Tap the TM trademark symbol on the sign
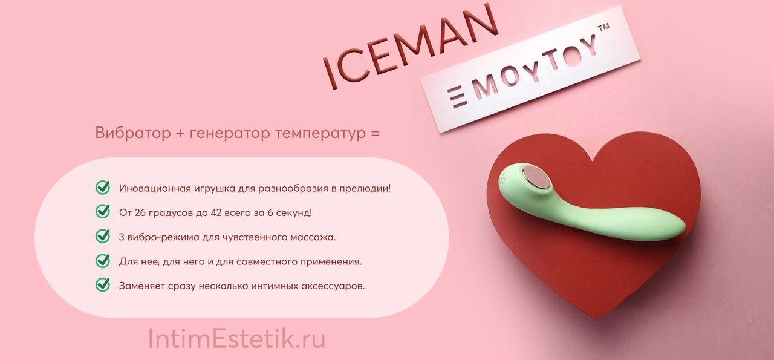pos(603,28)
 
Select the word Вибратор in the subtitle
pos(132,133)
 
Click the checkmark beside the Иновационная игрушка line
pos(103,187)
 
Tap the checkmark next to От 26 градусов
pos(103,211)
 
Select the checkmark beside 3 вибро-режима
pos(103,236)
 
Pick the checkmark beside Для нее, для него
pos(103,260)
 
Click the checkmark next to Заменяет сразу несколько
pos(103,285)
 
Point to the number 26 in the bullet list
pos(140,213)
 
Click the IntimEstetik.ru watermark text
pos(236,339)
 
